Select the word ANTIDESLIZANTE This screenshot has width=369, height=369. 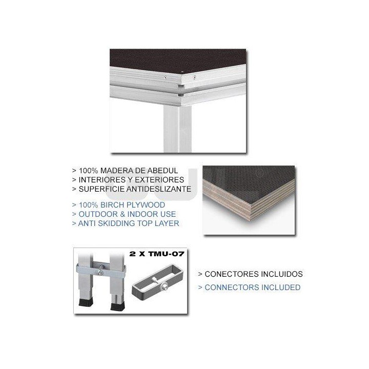pyautogui.click(x=157, y=189)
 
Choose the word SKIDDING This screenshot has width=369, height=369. pyautogui.click(x=117, y=223)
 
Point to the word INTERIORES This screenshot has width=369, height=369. pyautogui.click(x=101, y=180)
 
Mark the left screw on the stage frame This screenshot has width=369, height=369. pyautogui.click(x=165, y=77)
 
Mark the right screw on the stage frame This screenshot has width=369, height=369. pyautogui.click(x=195, y=77)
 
